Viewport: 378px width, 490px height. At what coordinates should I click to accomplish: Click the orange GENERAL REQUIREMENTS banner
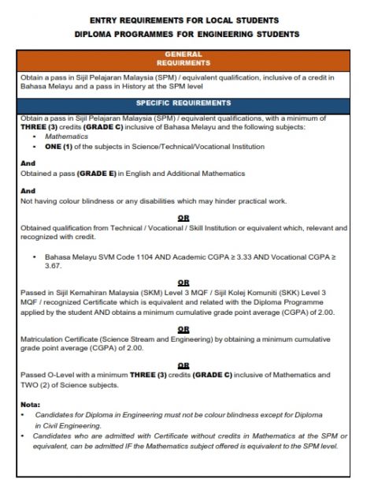coord(183,58)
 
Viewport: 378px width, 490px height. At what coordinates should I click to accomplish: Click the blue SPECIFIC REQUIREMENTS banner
coord(183,103)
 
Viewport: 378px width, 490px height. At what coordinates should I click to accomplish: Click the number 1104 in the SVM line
coord(142,258)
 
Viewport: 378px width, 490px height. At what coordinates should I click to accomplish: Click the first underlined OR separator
coord(183,218)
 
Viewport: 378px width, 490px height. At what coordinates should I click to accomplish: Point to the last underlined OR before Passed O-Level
coord(183,365)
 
